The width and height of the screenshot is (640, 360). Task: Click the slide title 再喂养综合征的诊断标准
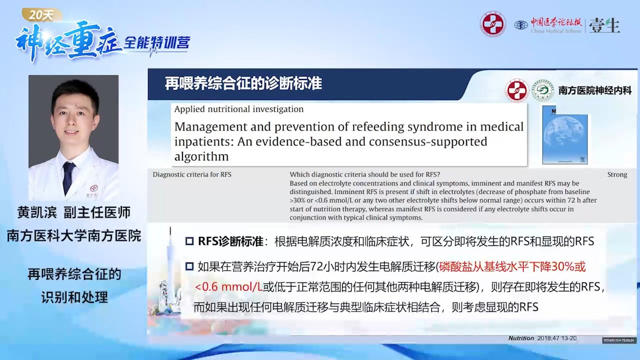pyautogui.click(x=243, y=83)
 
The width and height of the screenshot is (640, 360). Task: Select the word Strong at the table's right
pyautogui.click(x=617, y=174)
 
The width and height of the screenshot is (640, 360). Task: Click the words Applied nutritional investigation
pyautogui.click(x=238, y=109)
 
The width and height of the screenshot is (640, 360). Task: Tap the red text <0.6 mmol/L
pyautogui.click(x=228, y=287)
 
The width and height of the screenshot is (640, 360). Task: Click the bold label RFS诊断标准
pyautogui.click(x=230, y=241)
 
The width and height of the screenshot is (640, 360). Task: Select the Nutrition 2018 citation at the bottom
pyautogui.click(x=542, y=338)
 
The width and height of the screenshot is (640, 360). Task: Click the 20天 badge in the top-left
pyautogui.click(x=41, y=15)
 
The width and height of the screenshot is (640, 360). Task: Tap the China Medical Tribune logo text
pyautogui.click(x=556, y=25)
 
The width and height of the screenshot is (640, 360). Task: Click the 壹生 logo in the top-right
pyautogui.click(x=605, y=25)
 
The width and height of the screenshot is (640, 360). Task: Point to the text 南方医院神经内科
pyautogui.click(x=595, y=90)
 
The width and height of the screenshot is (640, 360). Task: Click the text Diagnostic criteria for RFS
pyautogui.click(x=192, y=174)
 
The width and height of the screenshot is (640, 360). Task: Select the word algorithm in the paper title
pyautogui.click(x=201, y=156)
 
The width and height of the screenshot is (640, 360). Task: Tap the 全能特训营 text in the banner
pyautogui.click(x=156, y=43)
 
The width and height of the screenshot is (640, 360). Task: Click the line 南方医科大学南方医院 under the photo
pyautogui.click(x=73, y=235)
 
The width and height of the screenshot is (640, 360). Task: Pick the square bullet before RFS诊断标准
pyautogui.click(x=189, y=241)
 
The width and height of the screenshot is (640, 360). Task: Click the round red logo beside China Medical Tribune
pyautogui.click(x=493, y=24)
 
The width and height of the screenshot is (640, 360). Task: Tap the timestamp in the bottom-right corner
pyautogui.click(x=619, y=340)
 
